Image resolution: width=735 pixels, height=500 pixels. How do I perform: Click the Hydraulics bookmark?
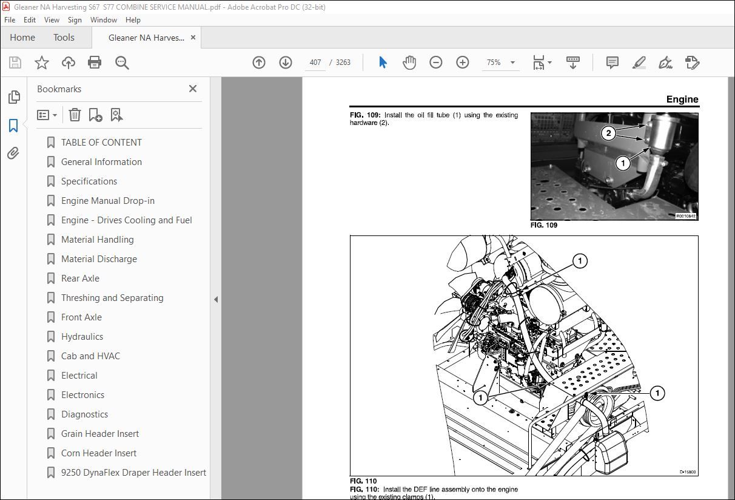tap(82, 337)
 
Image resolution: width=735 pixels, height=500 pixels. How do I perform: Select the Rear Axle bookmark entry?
tap(80, 279)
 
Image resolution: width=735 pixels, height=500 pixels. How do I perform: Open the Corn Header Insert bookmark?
tap(99, 453)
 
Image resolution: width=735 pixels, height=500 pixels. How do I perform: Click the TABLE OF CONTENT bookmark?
tap(101, 143)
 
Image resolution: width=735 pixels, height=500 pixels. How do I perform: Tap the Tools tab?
tap(64, 38)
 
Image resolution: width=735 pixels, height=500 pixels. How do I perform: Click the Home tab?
tap(22, 38)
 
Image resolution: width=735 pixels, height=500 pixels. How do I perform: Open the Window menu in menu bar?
tap(104, 20)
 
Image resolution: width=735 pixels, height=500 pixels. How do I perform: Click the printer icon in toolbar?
tap(95, 62)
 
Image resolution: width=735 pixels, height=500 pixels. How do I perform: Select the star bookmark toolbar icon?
tap(41, 62)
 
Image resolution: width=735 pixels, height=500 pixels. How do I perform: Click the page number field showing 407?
tap(315, 62)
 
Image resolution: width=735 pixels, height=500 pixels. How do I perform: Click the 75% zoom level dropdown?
tap(500, 62)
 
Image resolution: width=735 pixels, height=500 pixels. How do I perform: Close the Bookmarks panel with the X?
tap(193, 89)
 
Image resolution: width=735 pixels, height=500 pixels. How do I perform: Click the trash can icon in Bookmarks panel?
tap(75, 115)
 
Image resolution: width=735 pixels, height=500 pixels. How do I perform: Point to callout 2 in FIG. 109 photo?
tap(609, 133)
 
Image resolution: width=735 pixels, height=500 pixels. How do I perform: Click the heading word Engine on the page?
tap(682, 100)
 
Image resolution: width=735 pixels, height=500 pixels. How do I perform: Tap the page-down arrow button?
tap(286, 62)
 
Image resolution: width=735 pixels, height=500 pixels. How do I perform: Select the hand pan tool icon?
tap(409, 62)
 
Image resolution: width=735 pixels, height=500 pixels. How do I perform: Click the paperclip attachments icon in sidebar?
tap(13, 154)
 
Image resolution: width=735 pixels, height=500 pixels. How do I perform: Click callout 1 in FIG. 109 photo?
tap(623, 163)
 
